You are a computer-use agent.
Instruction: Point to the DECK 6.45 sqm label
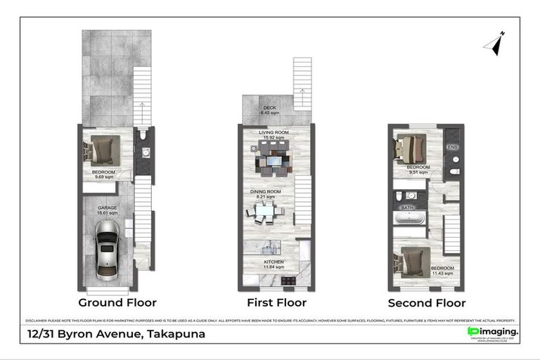coord(270,110)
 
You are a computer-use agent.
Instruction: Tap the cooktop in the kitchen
coord(288,281)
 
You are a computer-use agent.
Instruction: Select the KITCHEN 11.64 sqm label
coord(274,264)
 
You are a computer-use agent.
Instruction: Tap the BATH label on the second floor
coord(408,208)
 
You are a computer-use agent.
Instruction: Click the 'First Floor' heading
coord(276,303)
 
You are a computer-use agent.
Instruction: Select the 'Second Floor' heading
coord(426,303)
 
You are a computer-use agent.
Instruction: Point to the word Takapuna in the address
coord(175,334)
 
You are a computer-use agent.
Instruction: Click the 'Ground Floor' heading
coord(117,303)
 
